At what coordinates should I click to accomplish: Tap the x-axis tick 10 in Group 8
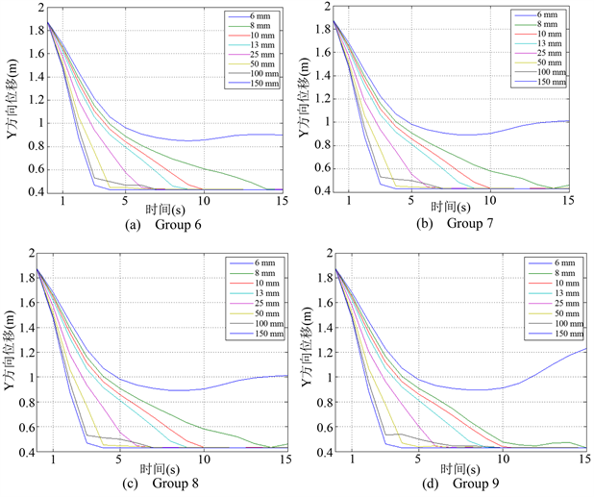(x=202, y=459)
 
